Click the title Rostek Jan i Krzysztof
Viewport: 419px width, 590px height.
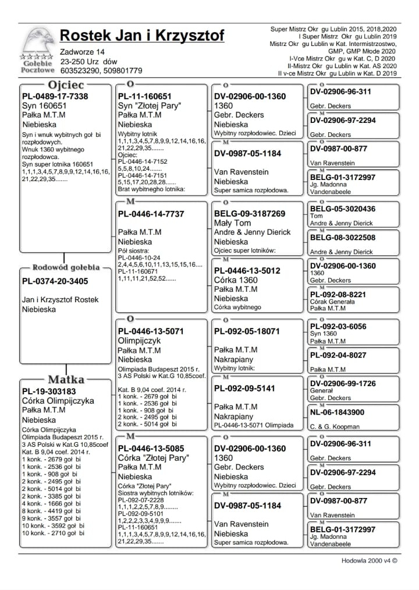(142, 36)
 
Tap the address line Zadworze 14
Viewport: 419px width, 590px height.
(82, 52)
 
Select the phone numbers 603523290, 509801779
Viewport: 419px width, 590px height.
(101, 70)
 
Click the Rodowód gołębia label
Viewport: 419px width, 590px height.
(65, 268)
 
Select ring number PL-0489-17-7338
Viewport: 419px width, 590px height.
(55, 96)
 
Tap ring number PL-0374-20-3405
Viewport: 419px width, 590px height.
(55, 281)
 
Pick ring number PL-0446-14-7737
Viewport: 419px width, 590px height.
(151, 214)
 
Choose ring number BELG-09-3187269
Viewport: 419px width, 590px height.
(250, 214)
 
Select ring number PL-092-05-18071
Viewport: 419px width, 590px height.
(247, 331)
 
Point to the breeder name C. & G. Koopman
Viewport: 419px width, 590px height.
(335, 427)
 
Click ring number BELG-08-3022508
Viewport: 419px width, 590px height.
(343, 238)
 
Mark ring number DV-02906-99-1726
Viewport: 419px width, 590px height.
(347, 384)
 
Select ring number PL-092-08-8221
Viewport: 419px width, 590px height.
(338, 294)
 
